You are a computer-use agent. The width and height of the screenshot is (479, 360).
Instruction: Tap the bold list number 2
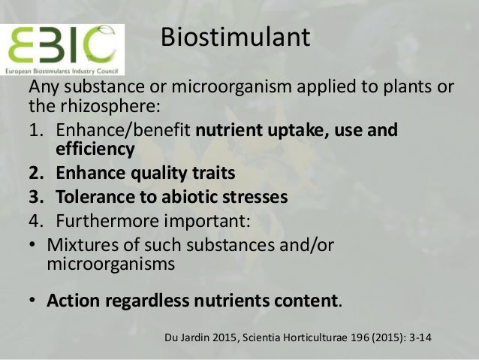(x=35, y=174)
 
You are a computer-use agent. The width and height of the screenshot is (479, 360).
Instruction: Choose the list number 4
(x=35, y=223)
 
